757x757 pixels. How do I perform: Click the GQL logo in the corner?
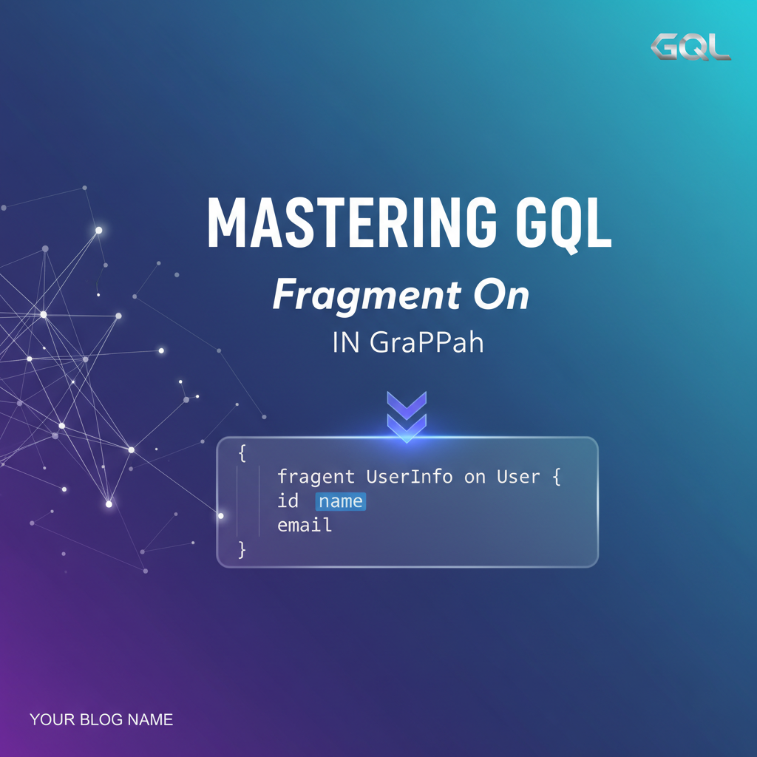pyautogui.click(x=690, y=47)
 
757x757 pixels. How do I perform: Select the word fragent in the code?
pyautogui.click(x=316, y=477)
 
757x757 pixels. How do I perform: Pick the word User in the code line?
pyautogui.click(x=517, y=477)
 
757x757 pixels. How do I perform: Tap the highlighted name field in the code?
pyautogui.click(x=341, y=501)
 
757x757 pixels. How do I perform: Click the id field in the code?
pyautogui.click(x=288, y=501)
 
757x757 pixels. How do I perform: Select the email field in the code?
pyautogui.click(x=305, y=526)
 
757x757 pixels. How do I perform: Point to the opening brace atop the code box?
pyautogui.click(x=242, y=453)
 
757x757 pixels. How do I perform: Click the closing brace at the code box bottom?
pyautogui.click(x=242, y=549)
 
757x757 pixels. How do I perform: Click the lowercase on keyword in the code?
pyautogui.click(x=475, y=477)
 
